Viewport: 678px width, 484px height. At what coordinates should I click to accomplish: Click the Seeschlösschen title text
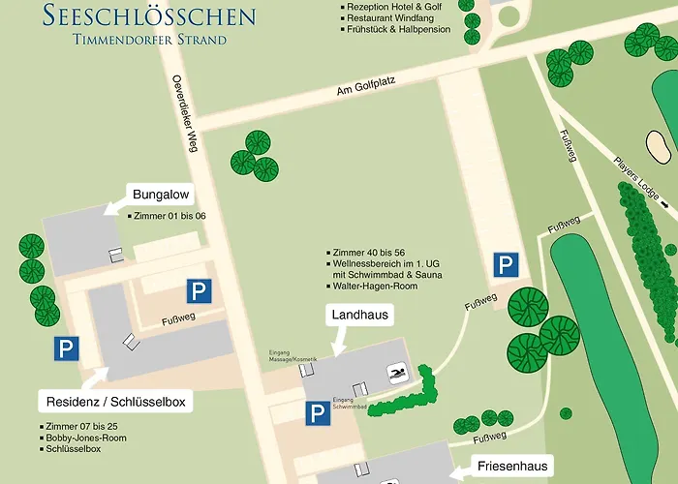click(149, 15)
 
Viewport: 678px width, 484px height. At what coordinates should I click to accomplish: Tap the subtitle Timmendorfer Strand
click(149, 40)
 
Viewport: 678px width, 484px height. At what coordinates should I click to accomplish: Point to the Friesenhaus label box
click(513, 467)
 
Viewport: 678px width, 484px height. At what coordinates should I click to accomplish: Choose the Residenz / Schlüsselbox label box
click(115, 401)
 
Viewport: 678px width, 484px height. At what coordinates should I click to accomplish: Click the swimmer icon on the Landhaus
click(395, 372)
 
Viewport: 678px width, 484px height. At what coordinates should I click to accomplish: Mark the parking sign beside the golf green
click(506, 264)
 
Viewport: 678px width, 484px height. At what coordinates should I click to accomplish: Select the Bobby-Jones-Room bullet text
click(85, 438)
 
